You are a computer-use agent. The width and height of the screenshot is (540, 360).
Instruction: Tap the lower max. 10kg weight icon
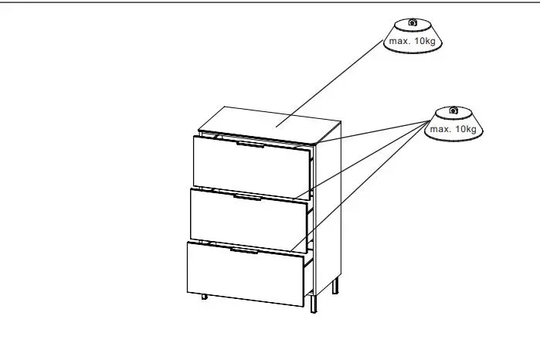[454, 124]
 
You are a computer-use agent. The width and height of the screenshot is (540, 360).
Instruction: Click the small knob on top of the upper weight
[413, 22]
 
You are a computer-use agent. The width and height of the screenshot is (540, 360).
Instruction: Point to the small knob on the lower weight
[453, 110]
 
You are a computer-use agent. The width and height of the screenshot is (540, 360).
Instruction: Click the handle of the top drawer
[250, 144]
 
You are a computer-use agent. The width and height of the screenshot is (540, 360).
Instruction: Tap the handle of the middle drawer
[247, 198]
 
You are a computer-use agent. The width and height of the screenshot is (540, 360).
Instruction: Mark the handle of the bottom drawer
[244, 251]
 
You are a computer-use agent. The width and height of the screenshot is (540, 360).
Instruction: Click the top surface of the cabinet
[270, 124]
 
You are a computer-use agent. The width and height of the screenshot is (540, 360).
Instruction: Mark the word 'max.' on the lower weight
[441, 128]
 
